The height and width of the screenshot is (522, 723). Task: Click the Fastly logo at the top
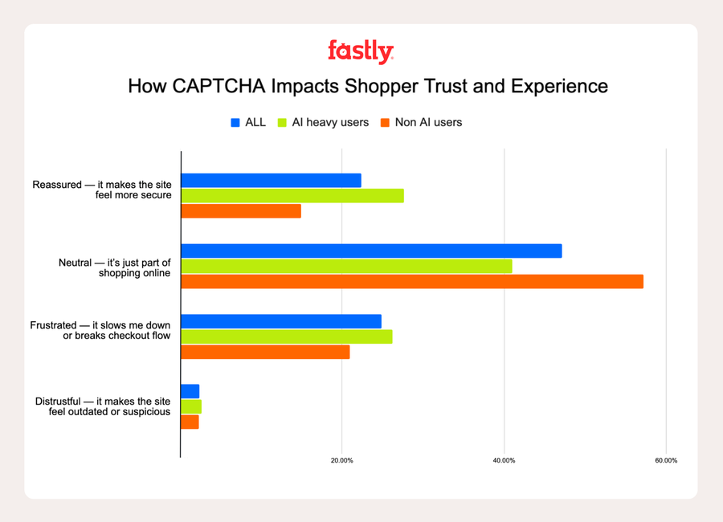click(361, 52)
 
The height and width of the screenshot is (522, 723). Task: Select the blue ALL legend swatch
click(235, 123)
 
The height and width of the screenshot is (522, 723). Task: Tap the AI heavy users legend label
click(329, 123)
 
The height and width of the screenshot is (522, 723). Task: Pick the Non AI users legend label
click(428, 123)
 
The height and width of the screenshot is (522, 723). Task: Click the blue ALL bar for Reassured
click(271, 181)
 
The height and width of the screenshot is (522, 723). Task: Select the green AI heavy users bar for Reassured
click(292, 196)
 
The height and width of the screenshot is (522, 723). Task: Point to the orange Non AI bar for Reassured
click(241, 211)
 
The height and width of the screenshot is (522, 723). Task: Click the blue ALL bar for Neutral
click(371, 251)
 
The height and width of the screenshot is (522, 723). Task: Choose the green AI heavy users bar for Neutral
click(346, 266)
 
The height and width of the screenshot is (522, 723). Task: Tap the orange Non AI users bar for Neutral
click(412, 281)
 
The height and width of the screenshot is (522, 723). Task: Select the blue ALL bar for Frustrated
click(281, 321)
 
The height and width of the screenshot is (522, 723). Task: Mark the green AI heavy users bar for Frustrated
click(287, 336)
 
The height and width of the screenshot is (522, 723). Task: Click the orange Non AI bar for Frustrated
click(265, 352)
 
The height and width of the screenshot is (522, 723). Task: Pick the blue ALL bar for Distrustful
click(190, 391)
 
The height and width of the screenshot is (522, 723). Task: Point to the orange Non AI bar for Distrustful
click(190, 422)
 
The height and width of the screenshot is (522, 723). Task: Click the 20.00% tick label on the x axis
click(341, 461)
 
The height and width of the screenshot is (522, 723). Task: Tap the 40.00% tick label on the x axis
click(504, 461)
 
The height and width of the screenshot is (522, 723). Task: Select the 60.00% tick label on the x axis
click(666, 461)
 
